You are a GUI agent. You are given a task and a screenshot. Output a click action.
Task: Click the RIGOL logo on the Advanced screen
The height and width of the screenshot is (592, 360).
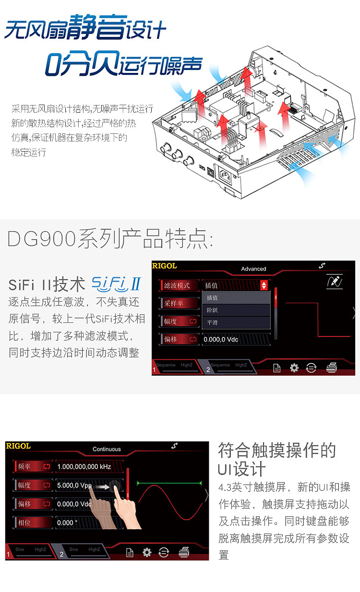(165, 265)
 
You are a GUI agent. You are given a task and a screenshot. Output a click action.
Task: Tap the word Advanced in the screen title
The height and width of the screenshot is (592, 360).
(253, 269)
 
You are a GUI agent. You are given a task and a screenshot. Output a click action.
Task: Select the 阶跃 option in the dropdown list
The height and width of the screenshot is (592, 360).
(212, 310)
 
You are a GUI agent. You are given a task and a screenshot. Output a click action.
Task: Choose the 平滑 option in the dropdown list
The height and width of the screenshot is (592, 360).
(212, 322)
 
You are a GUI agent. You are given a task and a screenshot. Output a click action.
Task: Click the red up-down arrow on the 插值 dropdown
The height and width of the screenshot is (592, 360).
(264, 285)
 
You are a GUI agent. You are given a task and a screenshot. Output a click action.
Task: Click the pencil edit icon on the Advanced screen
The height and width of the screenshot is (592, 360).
(334, 282)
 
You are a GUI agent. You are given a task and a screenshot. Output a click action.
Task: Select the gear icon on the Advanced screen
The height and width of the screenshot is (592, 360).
(294, 367)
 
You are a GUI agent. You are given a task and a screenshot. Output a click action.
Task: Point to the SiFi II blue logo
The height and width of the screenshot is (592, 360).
(116, 284)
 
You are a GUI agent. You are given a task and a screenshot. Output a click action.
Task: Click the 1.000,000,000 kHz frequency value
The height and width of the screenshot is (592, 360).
(85, 466)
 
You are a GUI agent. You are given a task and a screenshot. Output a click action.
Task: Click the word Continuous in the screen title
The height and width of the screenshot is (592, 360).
(107, 449)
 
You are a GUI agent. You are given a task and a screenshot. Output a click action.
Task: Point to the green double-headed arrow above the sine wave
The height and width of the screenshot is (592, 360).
(169, 483)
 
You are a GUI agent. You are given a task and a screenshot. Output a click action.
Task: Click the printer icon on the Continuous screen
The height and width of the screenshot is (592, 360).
(184, 553)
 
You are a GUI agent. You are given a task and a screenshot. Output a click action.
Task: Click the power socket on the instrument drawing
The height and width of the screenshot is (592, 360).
(225, 177)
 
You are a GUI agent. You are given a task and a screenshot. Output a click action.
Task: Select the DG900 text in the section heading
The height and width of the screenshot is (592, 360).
(41, 239)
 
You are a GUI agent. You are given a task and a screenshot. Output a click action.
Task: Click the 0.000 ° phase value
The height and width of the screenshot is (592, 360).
(67, 522)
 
